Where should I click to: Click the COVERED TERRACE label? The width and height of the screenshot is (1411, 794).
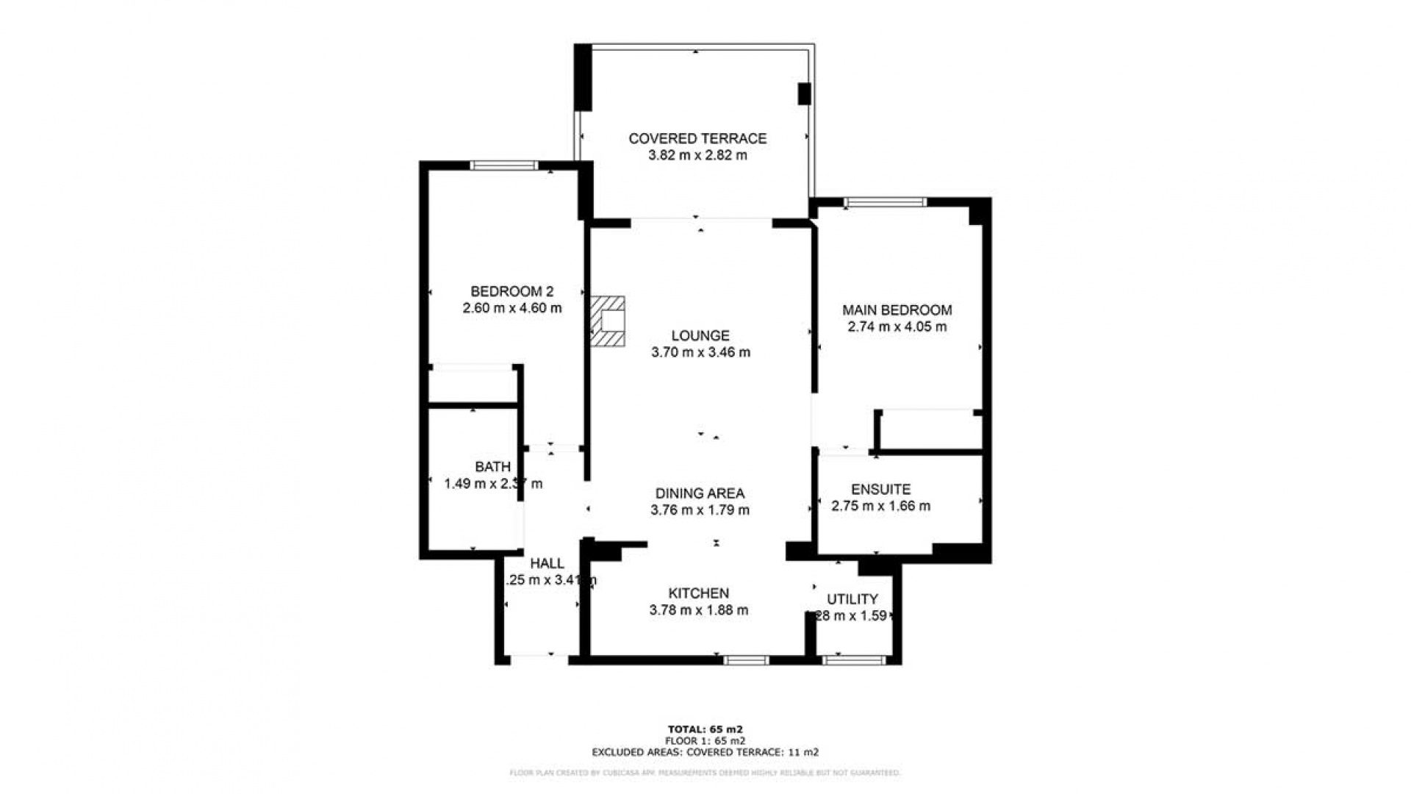pyautogui.click(x=697, y=138)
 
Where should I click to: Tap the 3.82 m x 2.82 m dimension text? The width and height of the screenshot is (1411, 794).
pyautogui.click(x=697, y=155)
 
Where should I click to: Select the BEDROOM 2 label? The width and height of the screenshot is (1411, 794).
pyautogui.click(x=511, y=291)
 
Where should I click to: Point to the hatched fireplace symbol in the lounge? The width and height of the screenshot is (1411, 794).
pyautogui.click(x=608, y=321)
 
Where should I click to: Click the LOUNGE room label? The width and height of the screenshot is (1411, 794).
pyautogui.click(x=700, y=335)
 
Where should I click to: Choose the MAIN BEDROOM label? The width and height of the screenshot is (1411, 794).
pyautogui.click(x=897, y=310)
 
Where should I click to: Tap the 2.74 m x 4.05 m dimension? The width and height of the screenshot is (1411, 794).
pyautogui.click(x=897, y=326)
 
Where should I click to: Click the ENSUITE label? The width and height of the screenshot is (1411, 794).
pyautogui.click(x=880, y=489)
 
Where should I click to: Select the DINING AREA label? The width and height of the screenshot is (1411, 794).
pyautogui.click(x=700, y=493)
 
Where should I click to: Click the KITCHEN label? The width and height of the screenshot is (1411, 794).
pyautogui.click(x=698, y=593)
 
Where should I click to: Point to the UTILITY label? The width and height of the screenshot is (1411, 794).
pyautogui.click(x=852, y=598)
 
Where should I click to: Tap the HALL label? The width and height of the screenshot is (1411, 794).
pyautogui.click(x=547, y=563)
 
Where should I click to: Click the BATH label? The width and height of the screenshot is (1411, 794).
pyautogui.click(x=492, y=466)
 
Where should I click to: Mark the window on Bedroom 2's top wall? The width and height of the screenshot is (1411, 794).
pyautogui.click(x=504, y=165)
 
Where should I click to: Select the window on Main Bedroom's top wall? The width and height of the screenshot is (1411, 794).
pyautogui.click(x=885, y=202)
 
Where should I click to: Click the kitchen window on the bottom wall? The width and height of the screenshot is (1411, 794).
pyautogui.click(x=746, y=660)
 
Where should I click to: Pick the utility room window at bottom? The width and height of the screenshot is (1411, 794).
pyautogui.click(x=853, y=660)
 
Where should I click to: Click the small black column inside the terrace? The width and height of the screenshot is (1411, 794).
pyautogui.click(x=804, y=94)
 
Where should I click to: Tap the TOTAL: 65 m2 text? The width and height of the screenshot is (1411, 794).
pyautogui.click(x=705, y=729)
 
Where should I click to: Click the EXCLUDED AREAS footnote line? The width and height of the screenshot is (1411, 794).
pyautogui.click(x=705, y=752)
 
